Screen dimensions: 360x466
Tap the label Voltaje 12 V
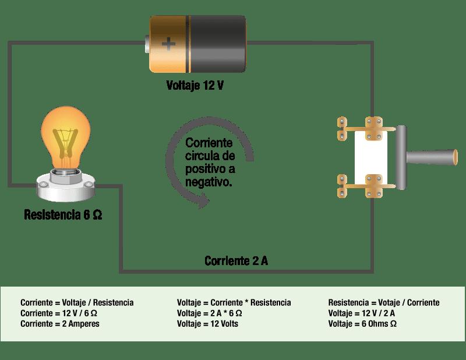(x=195, y=86)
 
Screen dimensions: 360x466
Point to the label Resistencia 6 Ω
(x=63, y=214)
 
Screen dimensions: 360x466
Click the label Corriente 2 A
(x=236, y=260)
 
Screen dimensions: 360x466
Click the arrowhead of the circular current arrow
(x=202, y=204)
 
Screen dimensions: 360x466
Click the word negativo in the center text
(x=209, y=182)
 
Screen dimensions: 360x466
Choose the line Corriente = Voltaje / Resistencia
(x=77, y=303)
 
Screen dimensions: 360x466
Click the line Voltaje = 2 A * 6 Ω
(x=210, y=313)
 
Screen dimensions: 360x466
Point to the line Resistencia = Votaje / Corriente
(x=384, y=303)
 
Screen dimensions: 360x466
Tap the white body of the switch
(x=369, y=158)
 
